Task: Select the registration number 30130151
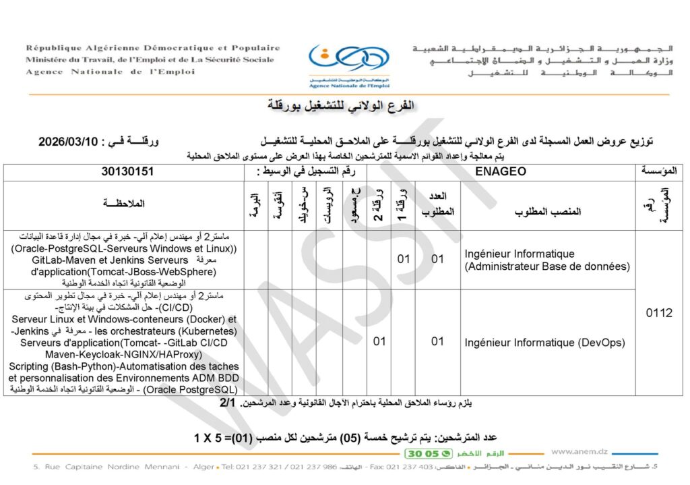tap(127, 172)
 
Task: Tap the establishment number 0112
tap(659, 313)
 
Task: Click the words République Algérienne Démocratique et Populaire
tap(153, 48)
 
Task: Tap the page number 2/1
tap(228, 403)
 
